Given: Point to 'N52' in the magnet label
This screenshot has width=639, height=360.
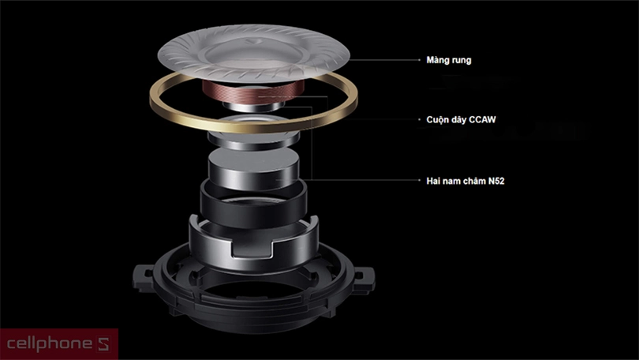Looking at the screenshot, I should coord(497,180).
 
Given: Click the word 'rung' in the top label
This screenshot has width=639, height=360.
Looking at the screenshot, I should coord(461,60).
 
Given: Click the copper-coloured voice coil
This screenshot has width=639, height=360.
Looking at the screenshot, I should coord(252,94).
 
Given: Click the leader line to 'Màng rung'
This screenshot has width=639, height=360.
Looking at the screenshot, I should coord(379,60).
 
